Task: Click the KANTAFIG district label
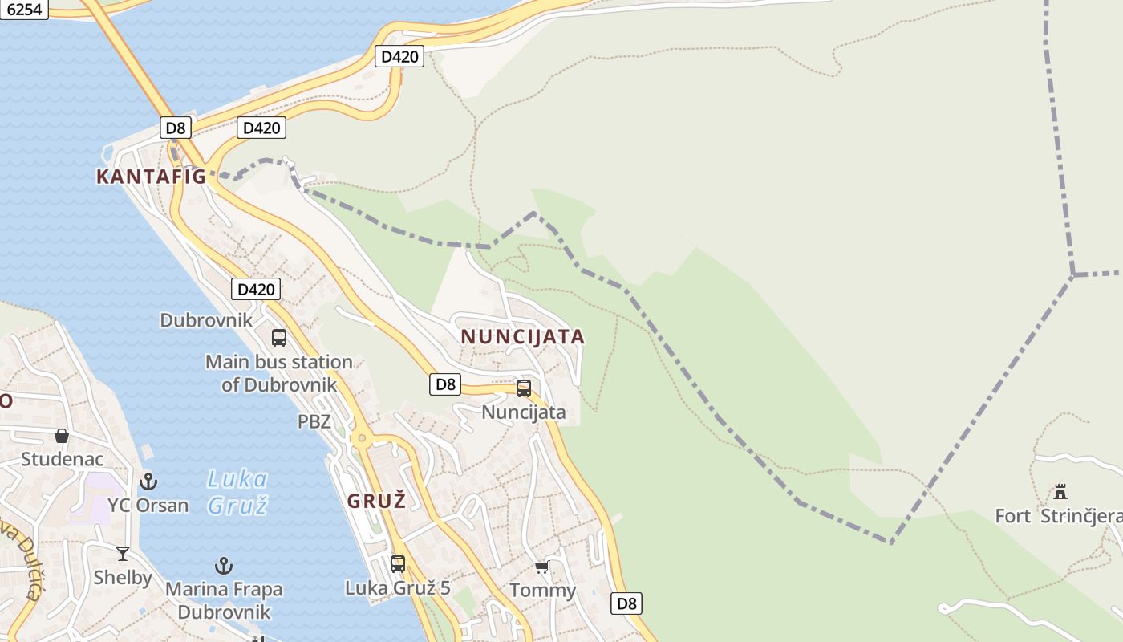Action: (x=151, y=177)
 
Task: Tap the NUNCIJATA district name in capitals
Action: (x=522, y=337)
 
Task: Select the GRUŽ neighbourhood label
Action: (x=376, y=502)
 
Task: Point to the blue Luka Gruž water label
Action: (x=237, y=492)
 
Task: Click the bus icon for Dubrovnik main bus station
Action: (x=279, y=338)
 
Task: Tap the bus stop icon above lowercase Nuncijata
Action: (x=524, y=388)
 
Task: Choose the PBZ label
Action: (x=314, y=421)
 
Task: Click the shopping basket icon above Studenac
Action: (x=62, y=436)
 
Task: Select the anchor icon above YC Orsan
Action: (x=148, y=481)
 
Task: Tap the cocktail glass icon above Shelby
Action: (x=123, y=553)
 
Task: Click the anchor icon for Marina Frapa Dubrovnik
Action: (x=224, y=566)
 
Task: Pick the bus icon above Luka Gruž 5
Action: (x=398, y=563)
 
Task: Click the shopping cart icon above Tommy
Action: (x=542, y=567)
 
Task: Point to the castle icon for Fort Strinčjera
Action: (x=1060, y=491)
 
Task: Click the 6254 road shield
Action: (x=23, y=9)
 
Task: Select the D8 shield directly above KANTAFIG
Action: (x=175, y=127)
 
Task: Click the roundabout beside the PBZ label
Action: (x=362, y=438)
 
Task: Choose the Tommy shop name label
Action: (x=543, y=591)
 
